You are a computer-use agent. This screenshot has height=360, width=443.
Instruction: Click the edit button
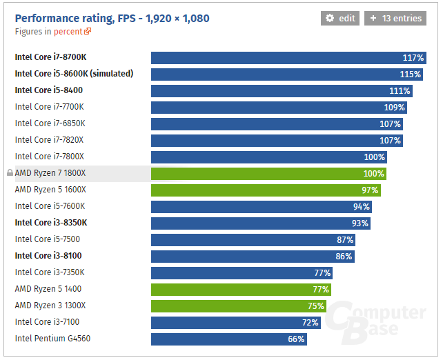pyautogui.click(x=340, y=19)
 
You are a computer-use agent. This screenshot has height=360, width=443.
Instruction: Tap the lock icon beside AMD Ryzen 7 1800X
pyautogui.click(x=10, y=173)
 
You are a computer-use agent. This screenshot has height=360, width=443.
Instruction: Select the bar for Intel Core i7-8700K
pyautogui.click(x=276, y=58)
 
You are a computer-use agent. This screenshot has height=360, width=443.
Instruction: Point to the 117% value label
pyautogui.click(x=413, y=58)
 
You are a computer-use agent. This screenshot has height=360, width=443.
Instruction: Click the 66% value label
pyautogui.click(x=296, y=339)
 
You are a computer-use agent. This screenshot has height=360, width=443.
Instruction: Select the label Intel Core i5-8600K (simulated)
pyautogui.click(x=74, y=74)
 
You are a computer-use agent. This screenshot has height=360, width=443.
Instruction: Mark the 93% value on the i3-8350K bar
pyautogui.click(x=360, y=223)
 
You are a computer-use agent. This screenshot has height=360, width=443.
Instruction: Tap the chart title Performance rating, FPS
pyautogui.click(x=112, y=18)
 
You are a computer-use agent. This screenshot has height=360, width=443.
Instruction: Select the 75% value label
pyautogui.click(x=316, y=306)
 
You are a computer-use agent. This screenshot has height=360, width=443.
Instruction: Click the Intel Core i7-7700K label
pyautogui.click(x=50, y=107)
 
